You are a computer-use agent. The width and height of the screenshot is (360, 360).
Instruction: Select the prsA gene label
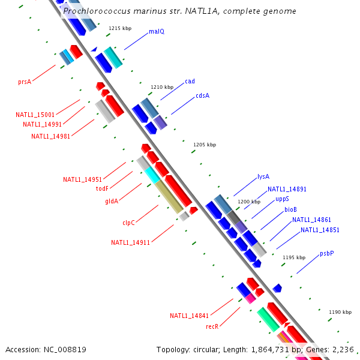(25, 82)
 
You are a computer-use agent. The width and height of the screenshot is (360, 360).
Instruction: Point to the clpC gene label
(128, 223)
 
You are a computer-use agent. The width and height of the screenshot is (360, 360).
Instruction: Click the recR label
(212, 326)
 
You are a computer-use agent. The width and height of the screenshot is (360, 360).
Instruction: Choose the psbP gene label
(326, 253)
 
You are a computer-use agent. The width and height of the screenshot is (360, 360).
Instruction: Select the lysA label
(263, 176)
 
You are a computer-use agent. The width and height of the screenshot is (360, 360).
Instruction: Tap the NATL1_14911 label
(130, 242)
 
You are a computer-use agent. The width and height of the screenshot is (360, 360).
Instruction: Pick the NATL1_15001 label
(35, 115)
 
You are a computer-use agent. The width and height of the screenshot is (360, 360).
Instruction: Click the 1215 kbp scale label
(119, 28)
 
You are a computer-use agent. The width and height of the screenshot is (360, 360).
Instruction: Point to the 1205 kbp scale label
(205, 145)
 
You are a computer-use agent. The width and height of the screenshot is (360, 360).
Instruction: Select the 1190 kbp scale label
(340, 312)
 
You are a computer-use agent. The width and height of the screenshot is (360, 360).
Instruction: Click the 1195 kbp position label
(294, 257)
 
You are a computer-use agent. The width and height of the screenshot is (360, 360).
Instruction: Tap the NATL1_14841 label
(189, 316)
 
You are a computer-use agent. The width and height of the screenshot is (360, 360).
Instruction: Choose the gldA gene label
(112, 201)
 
